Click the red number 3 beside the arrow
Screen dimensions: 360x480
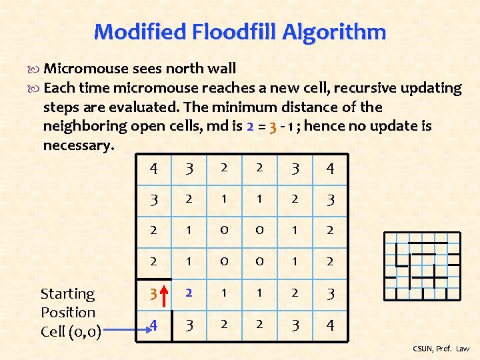coord(153,294)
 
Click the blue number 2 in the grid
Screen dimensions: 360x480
coord(189,293)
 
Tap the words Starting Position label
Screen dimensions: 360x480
coord(68,303)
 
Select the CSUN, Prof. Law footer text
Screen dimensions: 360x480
coord(441,349)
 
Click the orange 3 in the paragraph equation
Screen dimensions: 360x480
coord(273,125)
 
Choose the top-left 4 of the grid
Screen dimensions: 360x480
coord(153,168)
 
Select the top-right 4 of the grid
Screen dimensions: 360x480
coord(330,168)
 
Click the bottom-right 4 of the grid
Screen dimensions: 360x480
coord(330,325)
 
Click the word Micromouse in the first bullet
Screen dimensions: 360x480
coord(86,68)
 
